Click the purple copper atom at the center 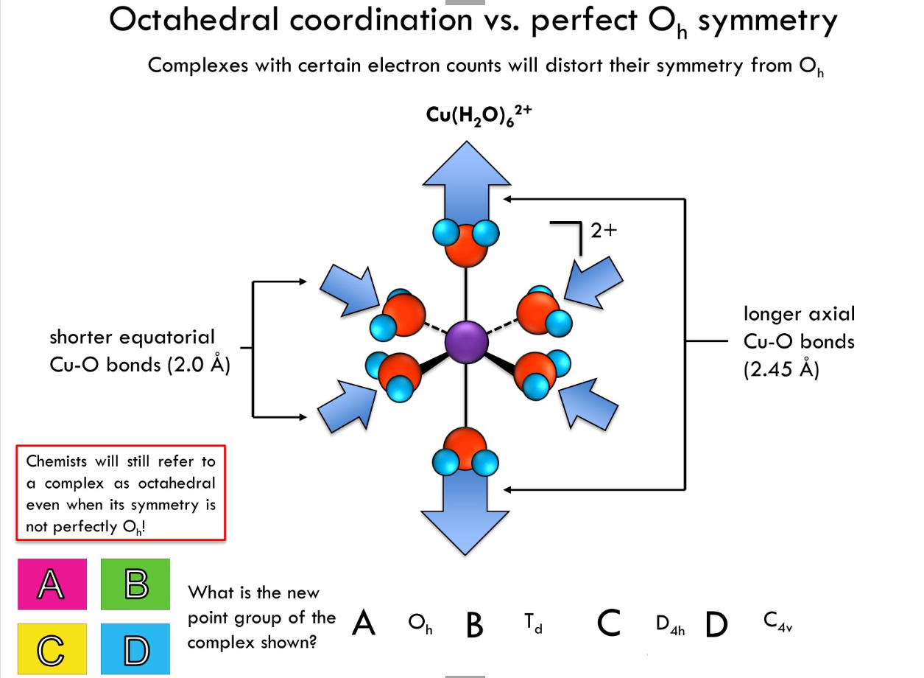click(x=466, y=342)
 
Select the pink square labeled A click(x=52, y=584)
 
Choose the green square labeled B click(x=135, y=584)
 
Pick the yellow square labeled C click(x=52, y=649)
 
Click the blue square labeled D click(x=135, y=649)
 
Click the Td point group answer click(x=533, y=625)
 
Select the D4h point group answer click(x=669, y=625)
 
